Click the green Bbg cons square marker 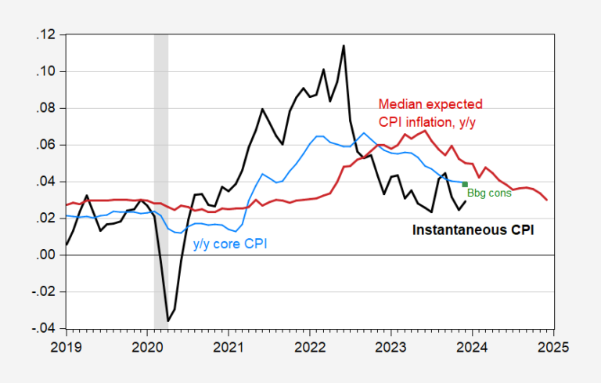(x=465, y=185)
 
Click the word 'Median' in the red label (x=399, y=103)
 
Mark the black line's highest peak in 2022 (x=343, y=46)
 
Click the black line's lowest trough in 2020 (x=167, y=320)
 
